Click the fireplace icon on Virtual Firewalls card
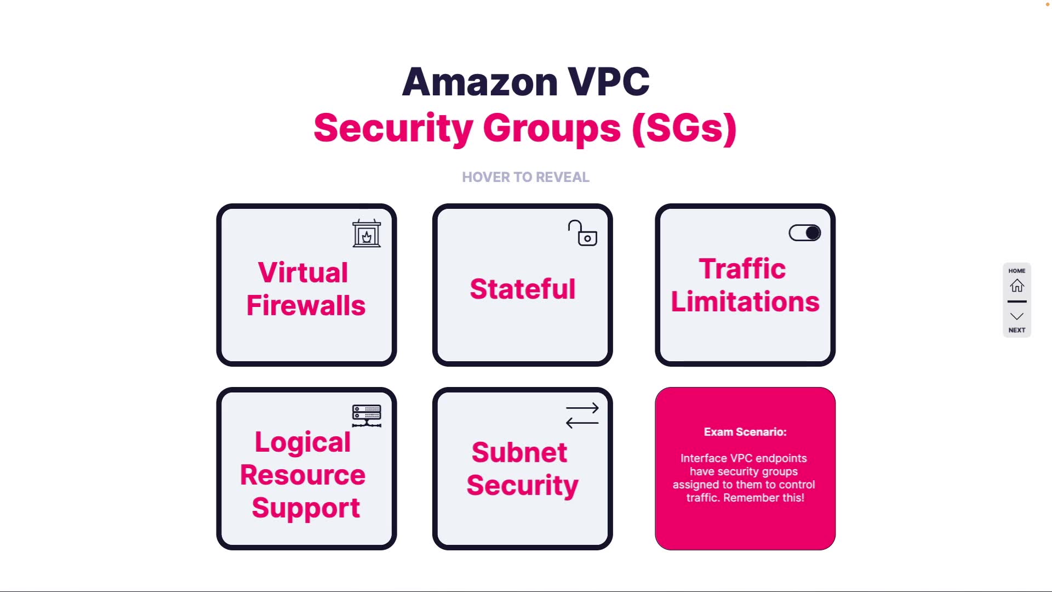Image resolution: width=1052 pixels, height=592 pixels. tap(367, 234)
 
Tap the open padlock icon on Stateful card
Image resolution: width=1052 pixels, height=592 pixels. tap(582, 234)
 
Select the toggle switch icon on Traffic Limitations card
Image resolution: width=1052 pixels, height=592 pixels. tap(804, 233)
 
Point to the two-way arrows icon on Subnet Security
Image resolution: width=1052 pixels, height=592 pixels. tap(582, 415)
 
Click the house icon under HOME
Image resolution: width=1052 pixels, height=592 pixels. tap(1017, 286)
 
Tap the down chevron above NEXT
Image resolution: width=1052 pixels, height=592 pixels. tap(1017, 316)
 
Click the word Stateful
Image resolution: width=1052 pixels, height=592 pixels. tap(523, 289)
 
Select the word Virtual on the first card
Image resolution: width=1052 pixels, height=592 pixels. tap(303, 272)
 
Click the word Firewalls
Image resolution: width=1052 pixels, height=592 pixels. tap(306, 305)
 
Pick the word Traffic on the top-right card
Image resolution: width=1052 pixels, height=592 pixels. tap(742, 269)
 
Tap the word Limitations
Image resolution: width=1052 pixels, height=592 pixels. tap(745, 301)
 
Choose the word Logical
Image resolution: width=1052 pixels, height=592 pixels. tap(302, 442)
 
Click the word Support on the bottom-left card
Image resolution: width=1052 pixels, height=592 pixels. tap(306, 508)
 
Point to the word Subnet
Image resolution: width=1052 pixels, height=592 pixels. tap(519, 452)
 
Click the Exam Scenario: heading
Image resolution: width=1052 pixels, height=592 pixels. tap(745, 432)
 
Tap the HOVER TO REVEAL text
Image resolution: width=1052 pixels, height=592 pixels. tap(525, 177)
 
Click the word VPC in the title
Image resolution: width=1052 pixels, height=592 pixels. tap(608, 82)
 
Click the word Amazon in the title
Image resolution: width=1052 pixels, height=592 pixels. tap(480, 82)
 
